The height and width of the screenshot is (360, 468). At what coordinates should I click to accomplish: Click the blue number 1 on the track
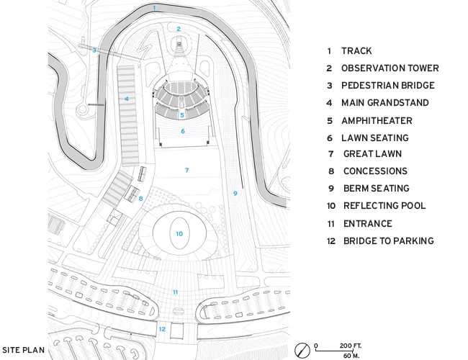tap(154, 8)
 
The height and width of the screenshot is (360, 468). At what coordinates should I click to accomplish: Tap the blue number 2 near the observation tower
tap(179, 29)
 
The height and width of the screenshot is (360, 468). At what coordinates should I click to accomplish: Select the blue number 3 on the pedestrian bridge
tap(94, 50)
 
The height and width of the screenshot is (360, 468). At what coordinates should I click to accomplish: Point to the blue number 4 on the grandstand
tap(127, 99)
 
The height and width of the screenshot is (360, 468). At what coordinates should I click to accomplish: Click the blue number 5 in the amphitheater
tap(181, 115)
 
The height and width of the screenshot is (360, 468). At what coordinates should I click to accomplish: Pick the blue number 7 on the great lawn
tap(187, 170)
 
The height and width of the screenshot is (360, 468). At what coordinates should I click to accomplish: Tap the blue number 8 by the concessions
tap(140, 199)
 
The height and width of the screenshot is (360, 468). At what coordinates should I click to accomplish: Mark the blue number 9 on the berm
tap(235, 194)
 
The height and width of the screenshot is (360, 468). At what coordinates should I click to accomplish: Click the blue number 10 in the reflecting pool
tap(179, 234)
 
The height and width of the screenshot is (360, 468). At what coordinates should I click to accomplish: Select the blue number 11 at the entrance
tap(175, 292)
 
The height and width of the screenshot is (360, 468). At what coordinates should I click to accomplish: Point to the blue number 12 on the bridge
tap(162, 329)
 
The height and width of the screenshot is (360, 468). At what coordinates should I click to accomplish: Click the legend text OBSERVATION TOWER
tap(390, 68)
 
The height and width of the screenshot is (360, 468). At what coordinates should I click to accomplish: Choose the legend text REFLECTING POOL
tap(384, 206)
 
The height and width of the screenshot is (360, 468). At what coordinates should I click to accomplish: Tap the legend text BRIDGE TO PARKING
tap(389, 241)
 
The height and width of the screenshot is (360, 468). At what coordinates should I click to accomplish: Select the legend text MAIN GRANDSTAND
tap(385, 103)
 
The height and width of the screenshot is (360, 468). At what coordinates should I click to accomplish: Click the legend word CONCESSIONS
tap(375, 171)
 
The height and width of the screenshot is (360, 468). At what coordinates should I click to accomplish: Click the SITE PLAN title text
tap(23, 350)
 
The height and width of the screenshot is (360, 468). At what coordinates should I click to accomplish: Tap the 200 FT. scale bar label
tap(351, 346)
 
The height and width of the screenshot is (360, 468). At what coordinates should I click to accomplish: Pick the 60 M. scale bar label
tap(351, 356)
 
